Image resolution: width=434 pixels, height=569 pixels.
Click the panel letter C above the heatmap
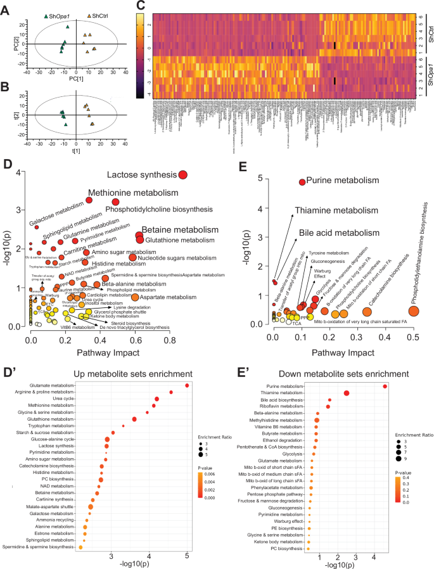click(x=141, y=6)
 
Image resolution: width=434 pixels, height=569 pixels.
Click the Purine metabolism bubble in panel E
click(x=302, y=182)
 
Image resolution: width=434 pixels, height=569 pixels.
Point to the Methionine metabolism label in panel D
click(x=133, y=192)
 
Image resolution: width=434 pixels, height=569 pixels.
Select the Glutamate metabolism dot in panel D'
click(x=187, y=385)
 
